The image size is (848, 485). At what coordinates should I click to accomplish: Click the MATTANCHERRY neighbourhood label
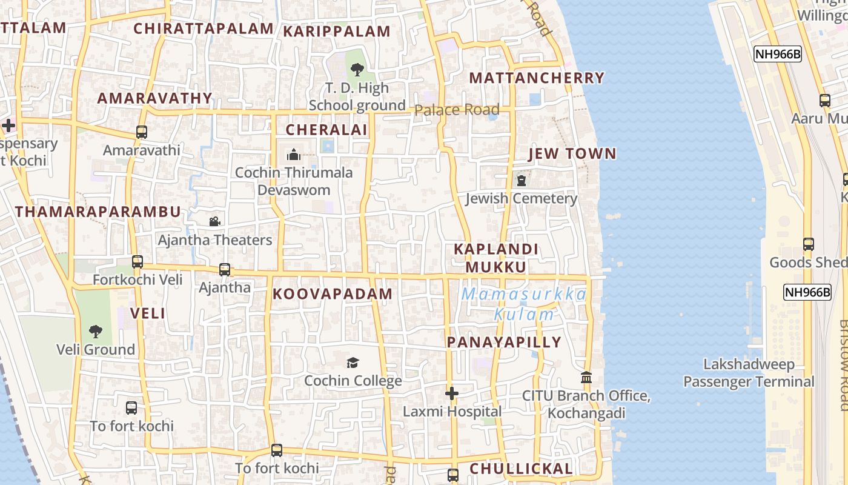537,78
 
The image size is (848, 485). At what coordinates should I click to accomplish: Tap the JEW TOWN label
572,154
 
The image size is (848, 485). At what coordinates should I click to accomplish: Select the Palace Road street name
457,110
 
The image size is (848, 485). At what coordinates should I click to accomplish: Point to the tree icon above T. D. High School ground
357,70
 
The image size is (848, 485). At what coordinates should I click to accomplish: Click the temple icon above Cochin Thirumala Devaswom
294,155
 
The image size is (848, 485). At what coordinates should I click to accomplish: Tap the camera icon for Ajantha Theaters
214,222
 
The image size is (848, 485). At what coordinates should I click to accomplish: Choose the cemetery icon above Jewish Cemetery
521,181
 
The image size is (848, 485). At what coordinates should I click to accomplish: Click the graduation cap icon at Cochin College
353,363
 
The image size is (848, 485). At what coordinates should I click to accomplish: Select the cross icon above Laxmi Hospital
451,394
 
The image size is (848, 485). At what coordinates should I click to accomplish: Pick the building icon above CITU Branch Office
586,378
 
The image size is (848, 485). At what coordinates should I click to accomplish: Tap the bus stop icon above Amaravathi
142,132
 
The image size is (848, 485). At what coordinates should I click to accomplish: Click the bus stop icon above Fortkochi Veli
137,262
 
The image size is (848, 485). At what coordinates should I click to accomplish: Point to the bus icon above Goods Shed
808,244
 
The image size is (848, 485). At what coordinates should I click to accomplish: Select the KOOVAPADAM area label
333,294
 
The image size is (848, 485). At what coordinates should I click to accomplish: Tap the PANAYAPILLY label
504,343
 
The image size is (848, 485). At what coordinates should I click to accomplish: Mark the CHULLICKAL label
521,469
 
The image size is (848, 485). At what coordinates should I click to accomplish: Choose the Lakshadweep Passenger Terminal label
749,373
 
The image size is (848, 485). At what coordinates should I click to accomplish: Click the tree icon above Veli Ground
95,332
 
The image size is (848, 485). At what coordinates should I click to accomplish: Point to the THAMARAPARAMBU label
98,212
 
